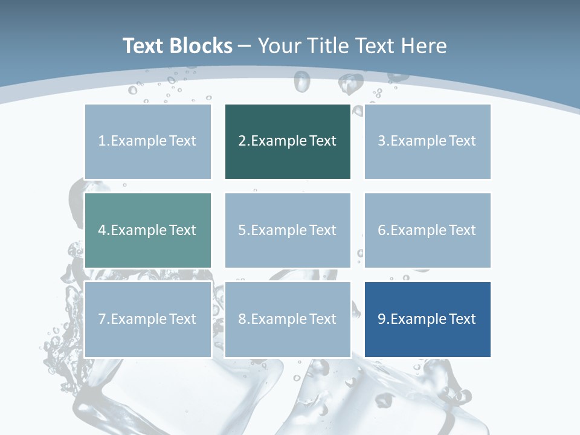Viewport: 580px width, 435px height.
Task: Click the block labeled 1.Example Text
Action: click(148, 141)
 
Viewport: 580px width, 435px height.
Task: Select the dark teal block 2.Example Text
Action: click(288, 141)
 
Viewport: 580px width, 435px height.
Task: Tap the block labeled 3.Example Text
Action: click(428, 141)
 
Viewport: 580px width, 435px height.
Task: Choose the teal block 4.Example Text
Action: click(148, 230)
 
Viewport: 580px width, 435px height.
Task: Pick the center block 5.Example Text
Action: click(288, 230)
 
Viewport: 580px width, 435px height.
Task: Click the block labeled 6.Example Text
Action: click(428, 230)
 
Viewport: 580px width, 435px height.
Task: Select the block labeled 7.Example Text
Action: click(148, 319)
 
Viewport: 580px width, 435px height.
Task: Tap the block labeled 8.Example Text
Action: click(288, 319)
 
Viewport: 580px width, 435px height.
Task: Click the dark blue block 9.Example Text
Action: click(428, 319)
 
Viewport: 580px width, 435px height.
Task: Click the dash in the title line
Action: click(245, 47)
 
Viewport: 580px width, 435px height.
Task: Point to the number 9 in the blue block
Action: click(382, 319)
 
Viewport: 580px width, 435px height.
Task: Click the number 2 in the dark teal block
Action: click(242, 141)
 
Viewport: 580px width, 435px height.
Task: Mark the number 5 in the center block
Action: click(242, 230)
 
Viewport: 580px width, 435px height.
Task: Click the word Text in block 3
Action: click(462, 141)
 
